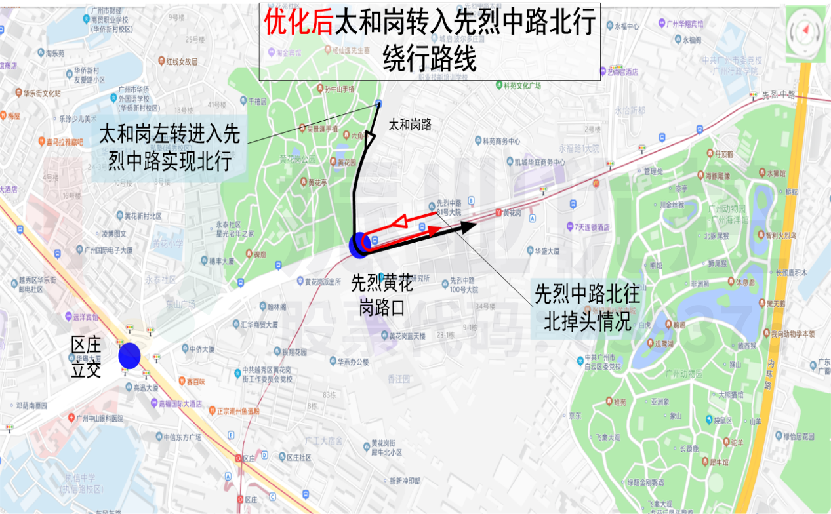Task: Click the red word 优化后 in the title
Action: pos(298,23)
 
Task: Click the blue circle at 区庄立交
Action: pos(129,355)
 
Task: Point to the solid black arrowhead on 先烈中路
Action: pos(467,227)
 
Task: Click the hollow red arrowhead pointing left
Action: pos(399,223)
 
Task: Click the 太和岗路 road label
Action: pos(410,125)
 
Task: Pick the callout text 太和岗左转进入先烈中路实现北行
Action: pos(169,147)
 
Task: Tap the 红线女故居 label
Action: pos(182,62)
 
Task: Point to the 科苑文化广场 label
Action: pos(521,85)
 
